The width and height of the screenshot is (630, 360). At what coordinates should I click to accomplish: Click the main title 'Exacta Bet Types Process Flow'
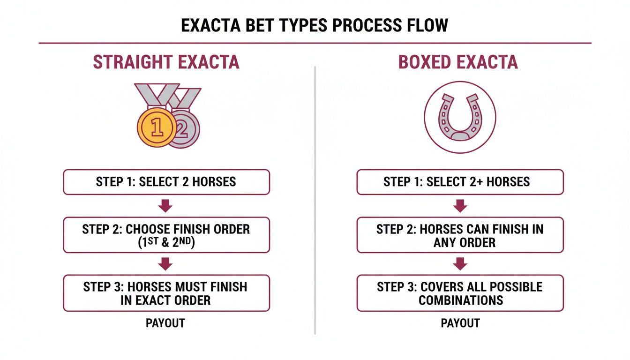click(315, 25)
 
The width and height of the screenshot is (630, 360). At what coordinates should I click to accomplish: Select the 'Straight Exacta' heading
click(166, 62)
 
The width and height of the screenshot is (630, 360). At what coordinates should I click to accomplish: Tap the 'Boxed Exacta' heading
click(458, 62)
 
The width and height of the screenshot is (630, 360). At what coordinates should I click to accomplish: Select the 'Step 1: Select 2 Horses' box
click(166, 182)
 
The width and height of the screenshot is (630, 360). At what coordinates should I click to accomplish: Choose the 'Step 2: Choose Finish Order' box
click(166, 235)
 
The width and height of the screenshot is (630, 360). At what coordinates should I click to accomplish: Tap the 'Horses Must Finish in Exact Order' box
click(166, 293)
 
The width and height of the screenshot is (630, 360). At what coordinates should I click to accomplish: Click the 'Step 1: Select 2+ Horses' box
click(460, 182)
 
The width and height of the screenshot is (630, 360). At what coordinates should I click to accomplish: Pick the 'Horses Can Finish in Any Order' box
click(460, 235)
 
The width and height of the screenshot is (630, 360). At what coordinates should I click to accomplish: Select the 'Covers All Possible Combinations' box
click(460, 293)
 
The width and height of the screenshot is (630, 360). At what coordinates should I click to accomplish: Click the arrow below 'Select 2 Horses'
click(166, 206)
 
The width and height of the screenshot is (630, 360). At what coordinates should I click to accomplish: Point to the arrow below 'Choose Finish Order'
click(166, 264)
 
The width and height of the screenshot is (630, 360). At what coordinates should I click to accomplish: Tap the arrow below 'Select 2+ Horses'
click(460, 206)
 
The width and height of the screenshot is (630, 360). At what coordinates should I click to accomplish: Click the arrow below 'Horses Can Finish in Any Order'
click(460, 264)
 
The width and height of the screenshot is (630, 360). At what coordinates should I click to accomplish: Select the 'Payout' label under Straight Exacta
click(165, 323)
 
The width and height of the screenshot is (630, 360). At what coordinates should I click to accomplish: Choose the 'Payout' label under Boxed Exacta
click(460, 323)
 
